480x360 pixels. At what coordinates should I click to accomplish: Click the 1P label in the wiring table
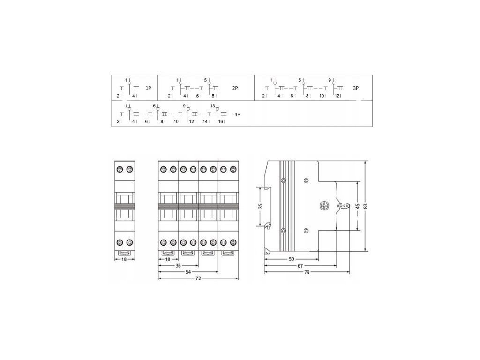pos(149,88)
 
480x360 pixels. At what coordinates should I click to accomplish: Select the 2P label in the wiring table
pos(235,88)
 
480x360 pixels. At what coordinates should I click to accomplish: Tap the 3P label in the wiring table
pos(356,88)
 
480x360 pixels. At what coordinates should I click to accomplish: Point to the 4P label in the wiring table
pos(237,114)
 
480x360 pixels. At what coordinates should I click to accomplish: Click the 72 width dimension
pos(198,278)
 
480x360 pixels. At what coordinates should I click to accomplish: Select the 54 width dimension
pos(188,272)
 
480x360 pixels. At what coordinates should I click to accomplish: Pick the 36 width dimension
pos(178,266)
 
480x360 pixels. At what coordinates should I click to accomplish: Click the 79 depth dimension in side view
pos(307,272)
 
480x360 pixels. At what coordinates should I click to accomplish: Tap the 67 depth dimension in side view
pos(300,266)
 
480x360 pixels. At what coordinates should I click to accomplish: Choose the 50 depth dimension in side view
pos(292,259)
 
